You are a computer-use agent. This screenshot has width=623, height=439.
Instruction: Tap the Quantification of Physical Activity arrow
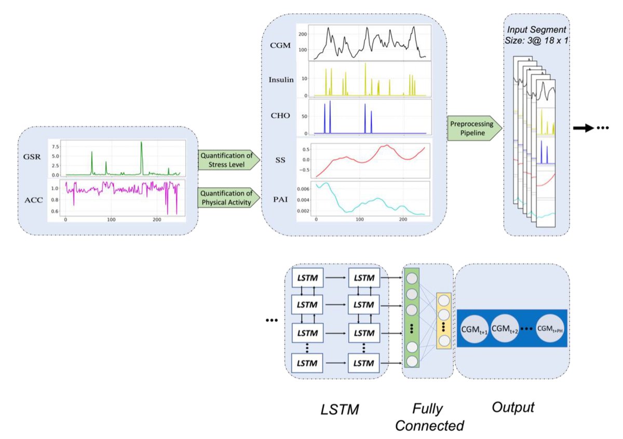[x=228, y=198]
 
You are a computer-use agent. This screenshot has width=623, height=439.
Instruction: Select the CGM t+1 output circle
[x=473, y=328]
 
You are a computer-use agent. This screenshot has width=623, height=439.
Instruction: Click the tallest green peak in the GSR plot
[x=141, y=144]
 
